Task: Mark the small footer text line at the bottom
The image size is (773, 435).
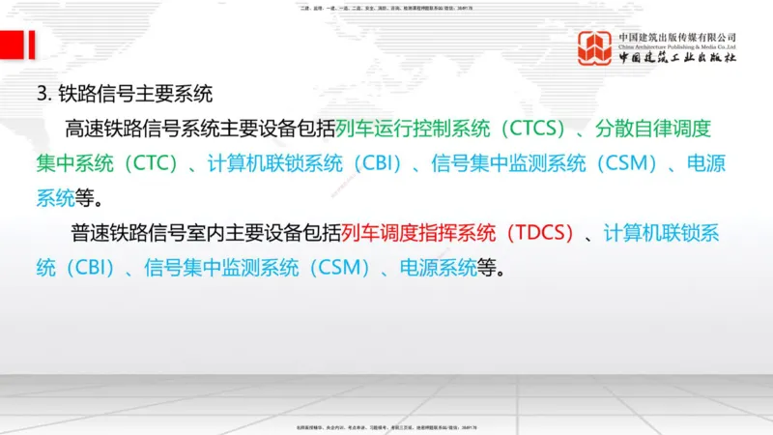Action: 386,426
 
